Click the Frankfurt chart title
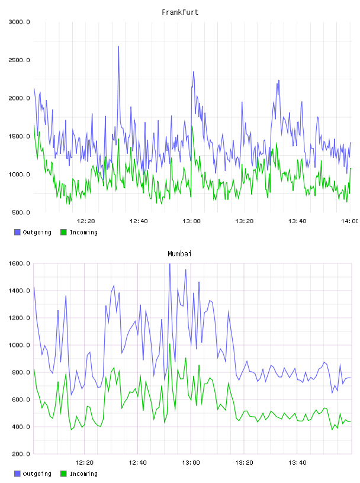180,12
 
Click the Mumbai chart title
179,254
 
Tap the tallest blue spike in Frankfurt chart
118,47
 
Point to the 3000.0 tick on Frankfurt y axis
19,22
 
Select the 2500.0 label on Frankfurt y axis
19,60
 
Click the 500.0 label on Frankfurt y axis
21,212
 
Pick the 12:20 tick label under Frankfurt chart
86,221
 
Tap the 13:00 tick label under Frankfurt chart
191,221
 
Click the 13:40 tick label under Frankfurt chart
297,221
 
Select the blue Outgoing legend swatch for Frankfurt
17,232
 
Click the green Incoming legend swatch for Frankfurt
63,232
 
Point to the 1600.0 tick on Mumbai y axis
19,263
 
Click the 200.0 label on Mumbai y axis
21,454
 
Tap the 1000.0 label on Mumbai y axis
19,345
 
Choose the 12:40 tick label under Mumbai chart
137,463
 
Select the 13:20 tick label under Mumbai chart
244,463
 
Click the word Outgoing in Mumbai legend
37,474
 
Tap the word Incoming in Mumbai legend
83,474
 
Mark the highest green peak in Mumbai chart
169,344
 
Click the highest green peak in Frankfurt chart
192,126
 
